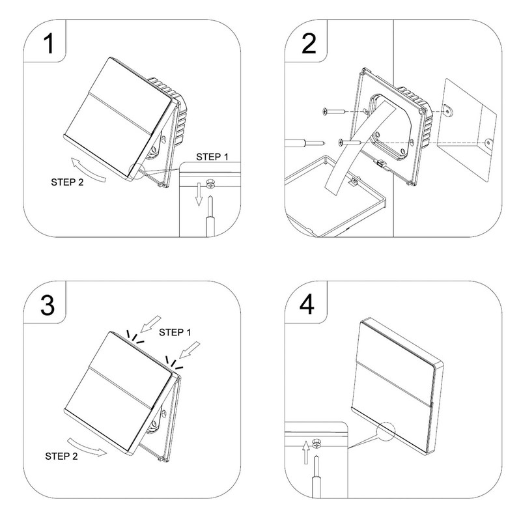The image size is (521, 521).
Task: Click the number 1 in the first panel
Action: point(48,44)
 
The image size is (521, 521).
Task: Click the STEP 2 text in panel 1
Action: point(66,182)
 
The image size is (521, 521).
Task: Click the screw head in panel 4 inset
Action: point(315,444)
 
